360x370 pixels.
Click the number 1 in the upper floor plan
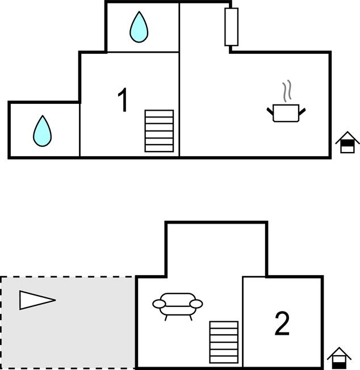click(123, 100)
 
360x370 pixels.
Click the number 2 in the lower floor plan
click(282, 324)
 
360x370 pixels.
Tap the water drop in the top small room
click(139, 27)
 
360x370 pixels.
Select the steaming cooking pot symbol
click(287, 111)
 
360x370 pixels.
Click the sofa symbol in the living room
click(177, 305)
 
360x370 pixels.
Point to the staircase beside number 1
click(159, 131)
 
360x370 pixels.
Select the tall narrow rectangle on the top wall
click(231, 26)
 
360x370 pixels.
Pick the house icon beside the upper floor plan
click(348, 142)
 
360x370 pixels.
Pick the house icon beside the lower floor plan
click(339, 358)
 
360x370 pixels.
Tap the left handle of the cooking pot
click(270, 109)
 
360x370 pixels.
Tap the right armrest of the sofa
click(196, 304)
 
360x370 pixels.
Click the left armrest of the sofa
click(158, 304)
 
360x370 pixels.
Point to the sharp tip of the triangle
click(55, 300)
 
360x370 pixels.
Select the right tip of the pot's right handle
click(307, 108)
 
